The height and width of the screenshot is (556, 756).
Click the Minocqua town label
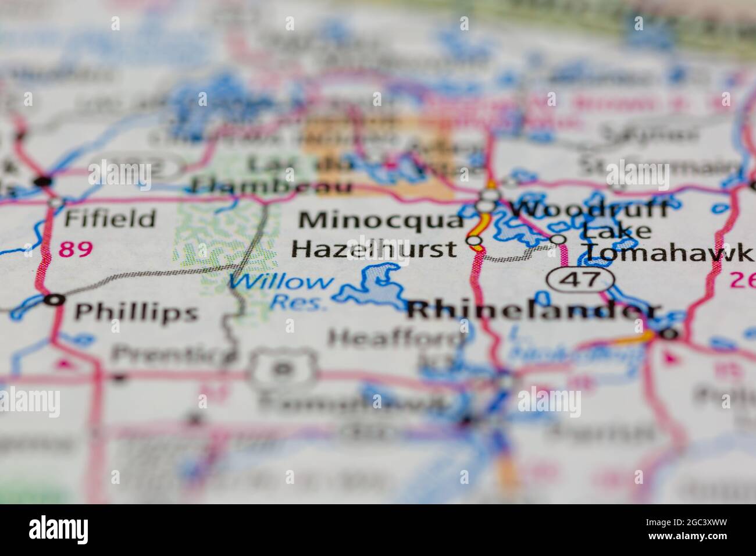[x=381, y=220]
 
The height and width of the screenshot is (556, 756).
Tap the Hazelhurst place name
[x=374, y=249]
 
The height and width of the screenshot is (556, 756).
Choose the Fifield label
[x=110, y=219]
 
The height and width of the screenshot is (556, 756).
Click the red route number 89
[x=76, y=250]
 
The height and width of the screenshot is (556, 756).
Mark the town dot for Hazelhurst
[x=475, y=240]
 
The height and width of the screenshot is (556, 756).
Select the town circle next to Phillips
[x=55, y=300]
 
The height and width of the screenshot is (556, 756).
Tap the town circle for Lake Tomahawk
[x=558, y=239]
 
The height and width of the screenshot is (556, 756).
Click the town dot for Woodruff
[x=485, y=205]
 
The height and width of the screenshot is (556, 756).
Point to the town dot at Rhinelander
[x=669, y=334]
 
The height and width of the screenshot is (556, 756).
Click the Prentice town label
[x=169, y=352]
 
